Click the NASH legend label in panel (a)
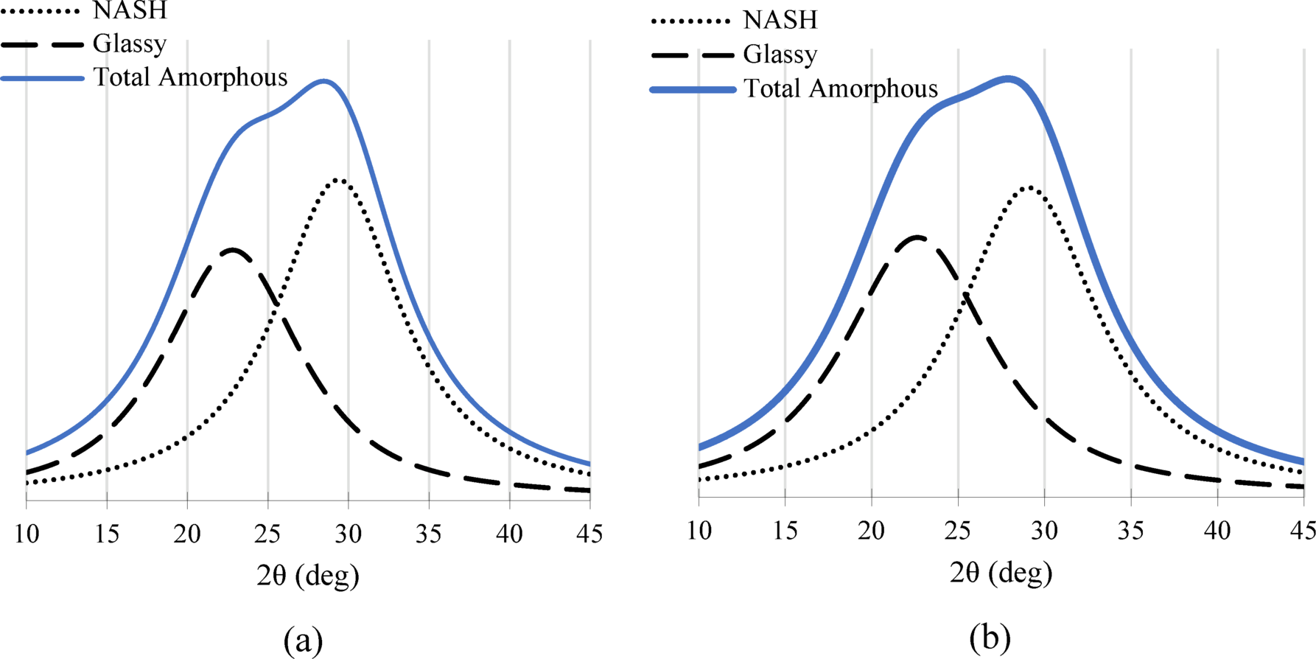[x=130, y=10]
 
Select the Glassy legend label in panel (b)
[x=780, y=55]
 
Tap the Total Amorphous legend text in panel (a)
[x=190, y=77]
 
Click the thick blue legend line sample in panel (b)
[x=693, y=89]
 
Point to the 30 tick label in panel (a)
[x=349, y=533]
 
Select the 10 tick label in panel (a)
[x=27, y=533]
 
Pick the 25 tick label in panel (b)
[x=958, y=529]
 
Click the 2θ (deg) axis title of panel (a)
[x=308, y=576]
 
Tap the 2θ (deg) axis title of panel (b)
[x=1001, y=573]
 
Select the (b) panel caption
[x=990, y=637]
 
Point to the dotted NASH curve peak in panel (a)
[x=338, y=179]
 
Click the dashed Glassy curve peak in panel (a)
[x=233, y=250]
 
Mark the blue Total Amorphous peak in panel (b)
[x=1008, y=78]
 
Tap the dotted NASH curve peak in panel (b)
[x=1029, y=187]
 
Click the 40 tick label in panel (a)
[x=510, y=533]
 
